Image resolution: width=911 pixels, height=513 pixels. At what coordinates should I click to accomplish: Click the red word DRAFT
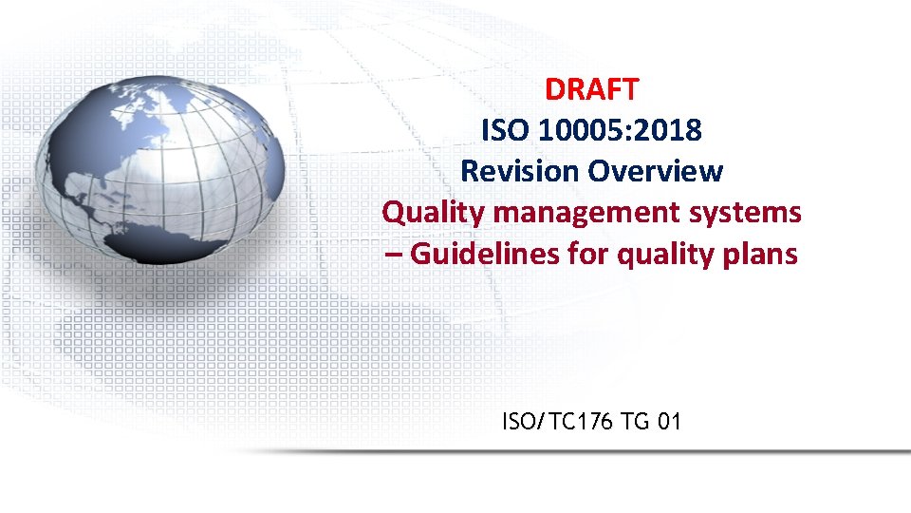(x=592, y=89)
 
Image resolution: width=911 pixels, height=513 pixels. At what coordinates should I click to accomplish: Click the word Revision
(x=520, y=172)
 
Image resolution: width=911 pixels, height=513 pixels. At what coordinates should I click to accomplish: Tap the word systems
(x=754, y=213)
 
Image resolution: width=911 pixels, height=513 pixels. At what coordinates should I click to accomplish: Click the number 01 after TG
(x=668, y=421)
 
